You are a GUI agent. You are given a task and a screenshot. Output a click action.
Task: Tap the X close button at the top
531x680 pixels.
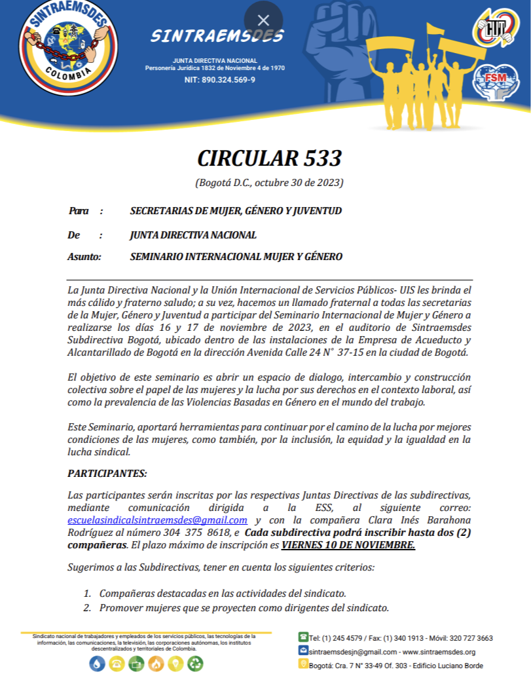[263, 20]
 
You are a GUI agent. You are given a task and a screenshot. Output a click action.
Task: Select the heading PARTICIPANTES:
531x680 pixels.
[107, 473]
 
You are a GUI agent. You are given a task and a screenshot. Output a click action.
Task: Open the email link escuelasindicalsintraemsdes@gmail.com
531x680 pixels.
[157, 520]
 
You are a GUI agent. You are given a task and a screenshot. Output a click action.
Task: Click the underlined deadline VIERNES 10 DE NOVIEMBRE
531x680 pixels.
[348, 544]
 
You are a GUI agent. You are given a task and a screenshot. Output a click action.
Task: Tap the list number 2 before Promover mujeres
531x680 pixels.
[86, 608]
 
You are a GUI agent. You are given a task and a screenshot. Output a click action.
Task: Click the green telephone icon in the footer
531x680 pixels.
[303, 637]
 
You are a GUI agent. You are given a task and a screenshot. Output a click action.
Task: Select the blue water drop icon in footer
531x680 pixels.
[97, 664]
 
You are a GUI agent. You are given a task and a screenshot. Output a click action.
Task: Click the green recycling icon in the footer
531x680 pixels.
[195, 664]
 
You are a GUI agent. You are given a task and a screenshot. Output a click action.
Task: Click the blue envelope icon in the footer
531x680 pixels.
[303, 651]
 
